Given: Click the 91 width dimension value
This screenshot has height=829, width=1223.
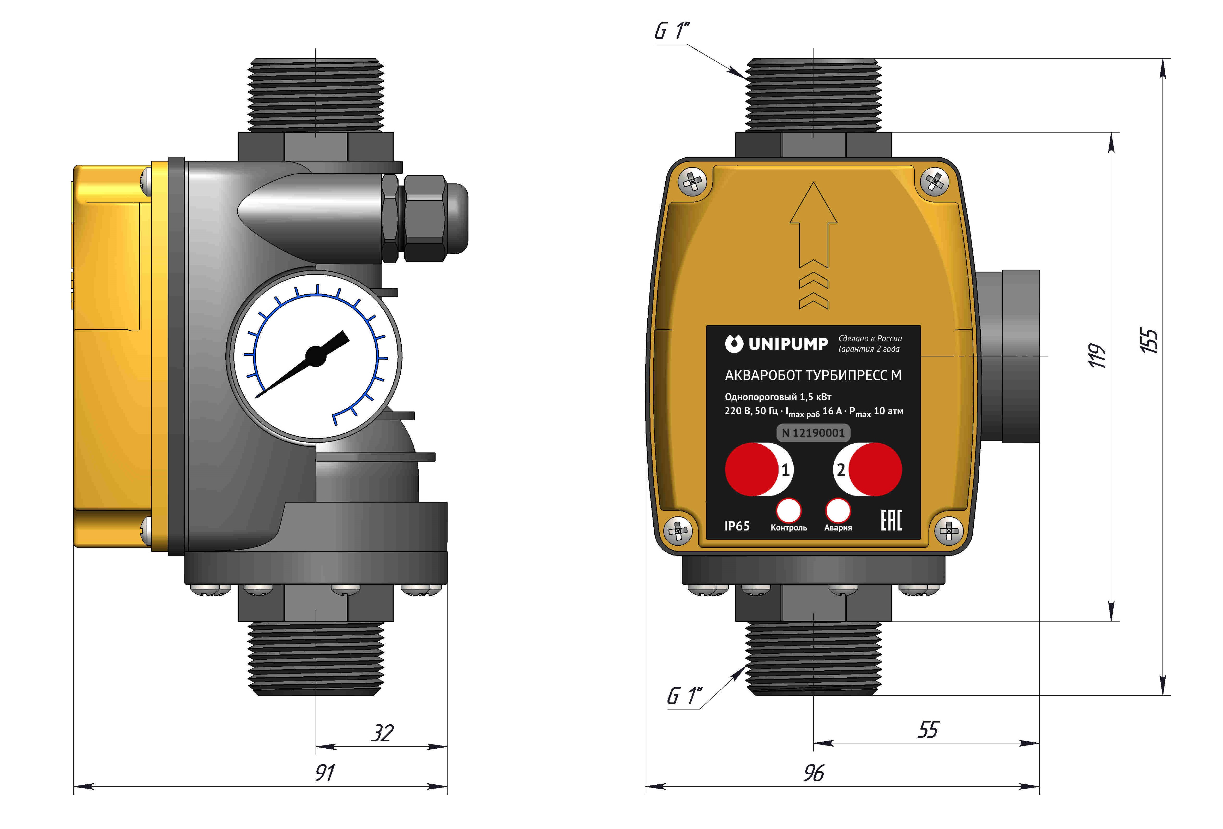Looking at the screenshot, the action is (x=325, y=773).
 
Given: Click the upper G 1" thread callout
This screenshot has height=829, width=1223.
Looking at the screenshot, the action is (x=672, y=31).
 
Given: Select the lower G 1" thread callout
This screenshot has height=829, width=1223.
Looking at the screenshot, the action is (x=684, y=696).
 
